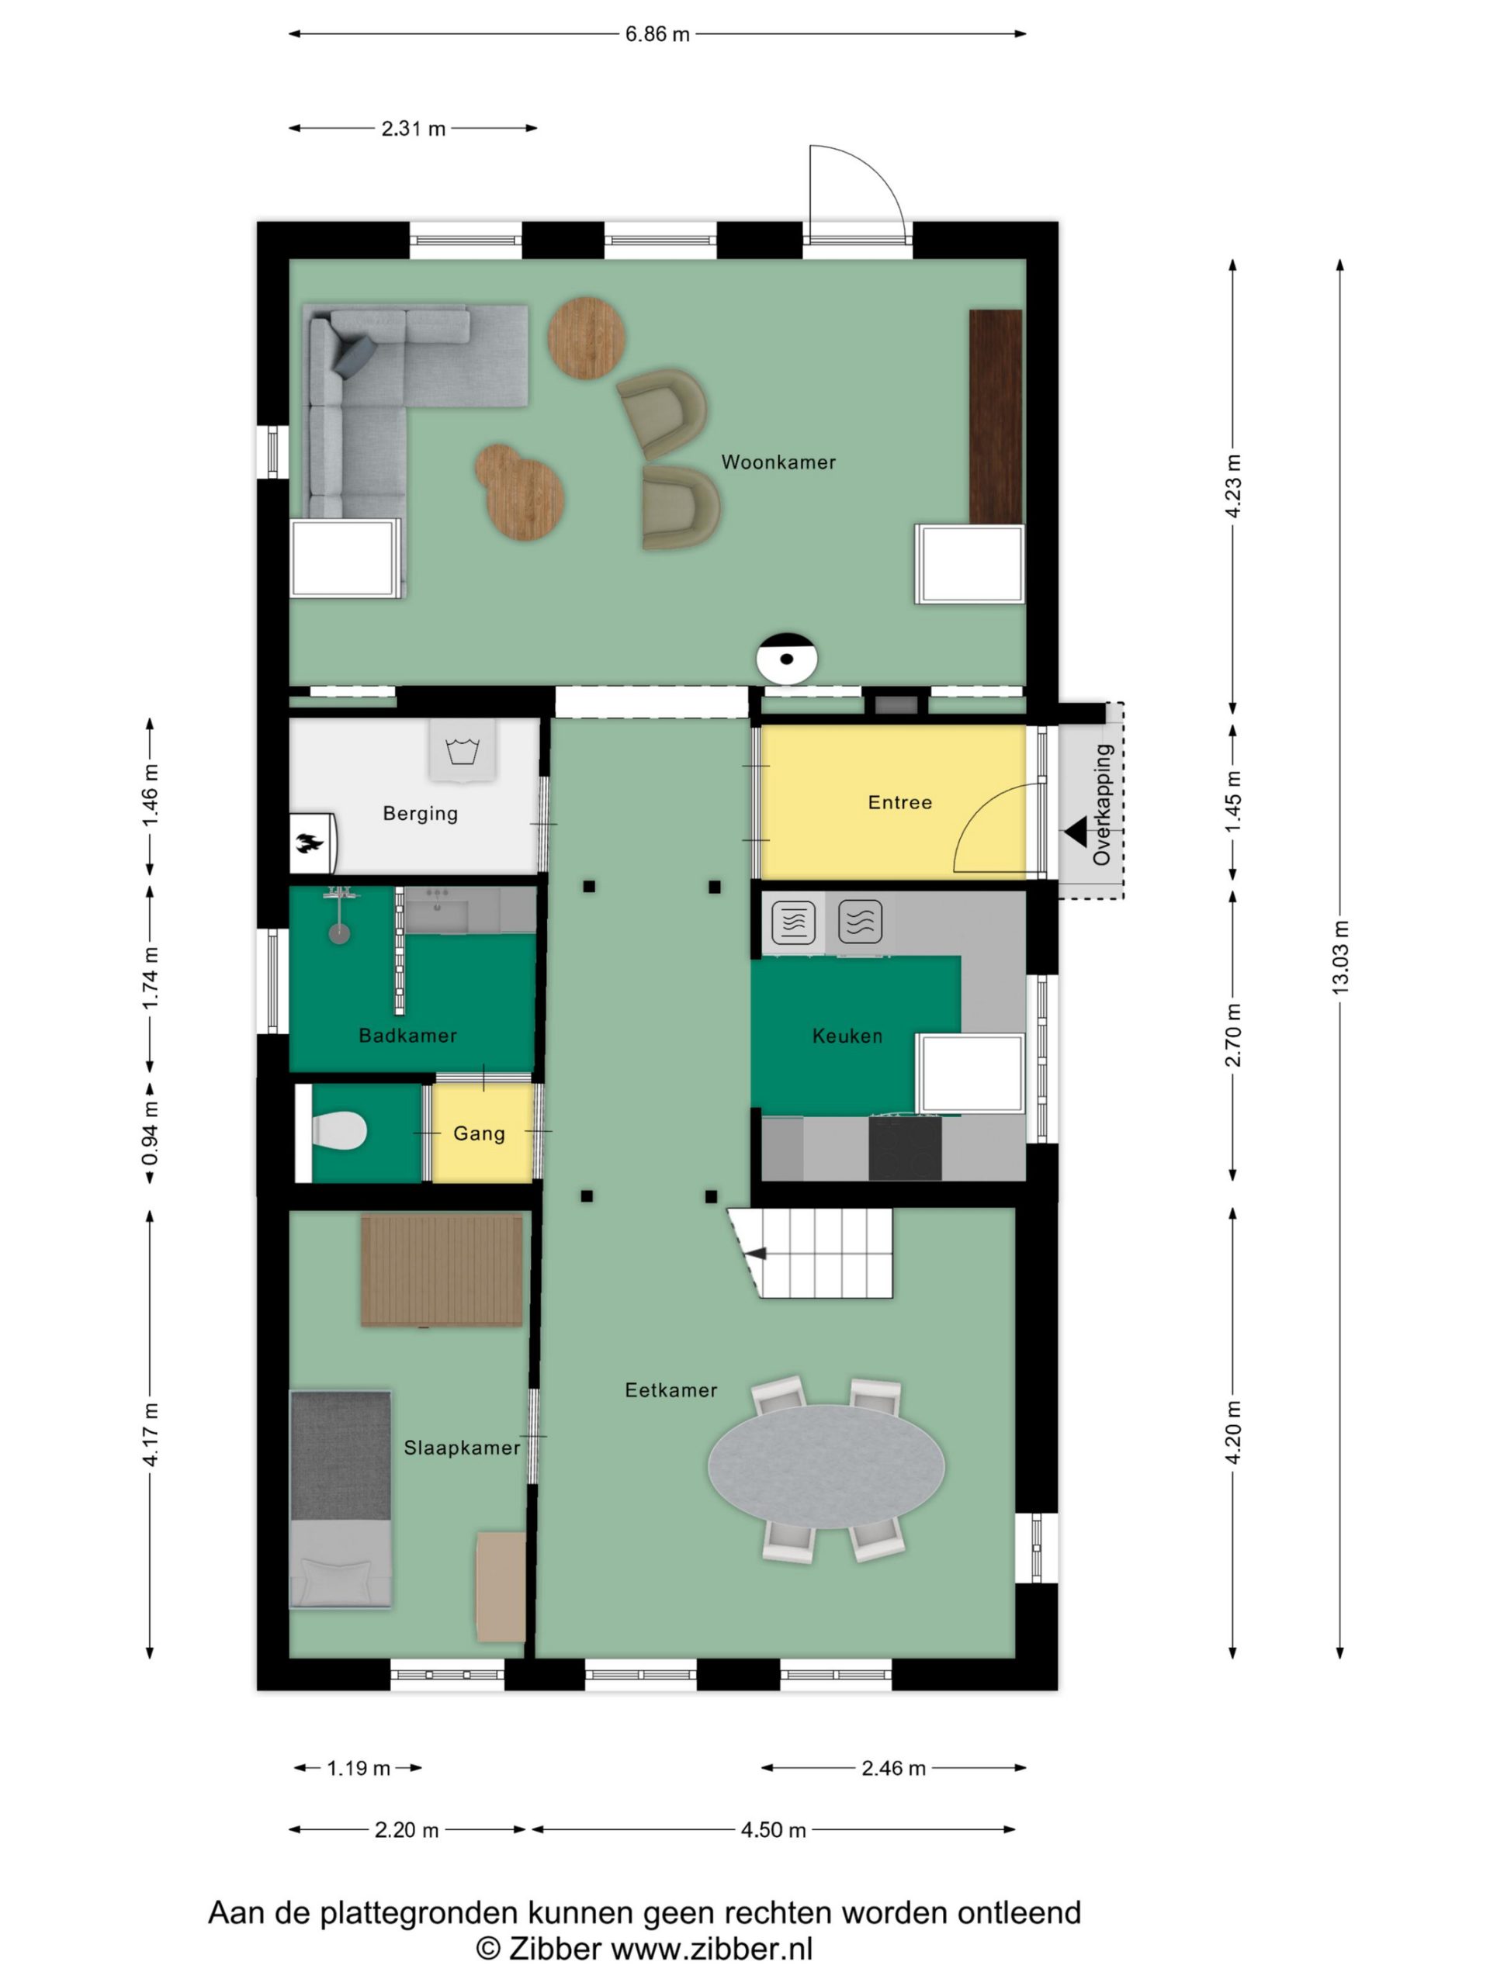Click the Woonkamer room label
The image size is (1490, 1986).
(x=778, y=462)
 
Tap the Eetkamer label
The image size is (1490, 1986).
(x=671, y=1390)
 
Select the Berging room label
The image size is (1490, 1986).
(x=421, y=814)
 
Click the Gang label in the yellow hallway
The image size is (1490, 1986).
(x=479, y=1133)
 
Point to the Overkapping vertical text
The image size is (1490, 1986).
(x=1102, y=804)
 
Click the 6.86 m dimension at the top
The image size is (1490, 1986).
(x=657, y=34)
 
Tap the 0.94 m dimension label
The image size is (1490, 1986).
(x=150, y=1134)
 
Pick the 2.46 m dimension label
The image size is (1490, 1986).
(x=894, y=1768)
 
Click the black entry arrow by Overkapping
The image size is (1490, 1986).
(x=1075, y=831)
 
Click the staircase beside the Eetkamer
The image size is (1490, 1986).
(x=810, y=1252)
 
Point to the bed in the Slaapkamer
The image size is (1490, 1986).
(x=341, y=1499)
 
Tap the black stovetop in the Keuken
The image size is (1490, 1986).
(x=906, y=1147)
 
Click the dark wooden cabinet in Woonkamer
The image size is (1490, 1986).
(x=996, y=417)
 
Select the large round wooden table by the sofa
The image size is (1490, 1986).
(x=587, y=337)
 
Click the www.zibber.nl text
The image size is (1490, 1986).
(x=712, y=1948)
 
